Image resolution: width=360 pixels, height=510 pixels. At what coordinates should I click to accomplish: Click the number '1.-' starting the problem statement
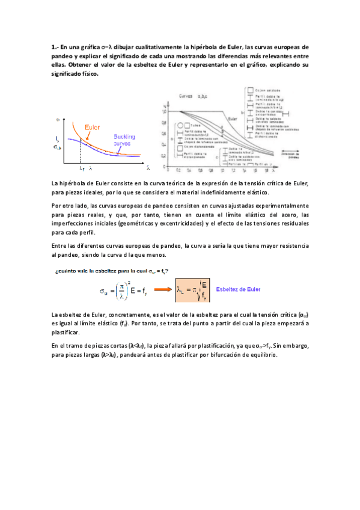click(x=55, y=47)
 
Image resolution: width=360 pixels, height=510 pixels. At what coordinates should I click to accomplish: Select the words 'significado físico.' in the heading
click(x=75, y=74)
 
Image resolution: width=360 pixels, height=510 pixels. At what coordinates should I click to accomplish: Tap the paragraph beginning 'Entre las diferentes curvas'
click(x=180, y=251)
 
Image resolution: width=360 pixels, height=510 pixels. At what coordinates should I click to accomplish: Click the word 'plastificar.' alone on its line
click(x=66, y=332)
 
